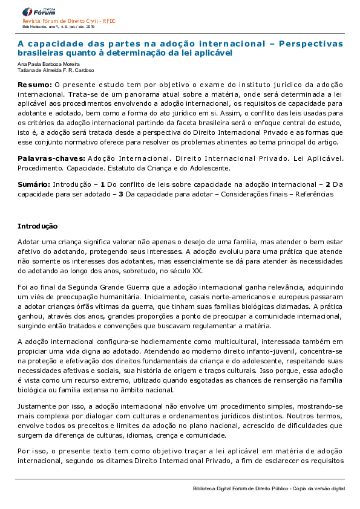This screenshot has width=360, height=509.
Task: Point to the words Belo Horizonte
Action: [x=34, y=27]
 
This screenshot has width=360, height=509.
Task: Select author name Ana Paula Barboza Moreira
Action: [x=48, y=65]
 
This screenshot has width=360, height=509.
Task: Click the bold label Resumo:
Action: [x=34, y=85]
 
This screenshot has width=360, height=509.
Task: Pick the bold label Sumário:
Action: [x=34, y=183]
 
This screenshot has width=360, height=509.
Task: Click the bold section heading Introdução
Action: [x=38, y=227]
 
